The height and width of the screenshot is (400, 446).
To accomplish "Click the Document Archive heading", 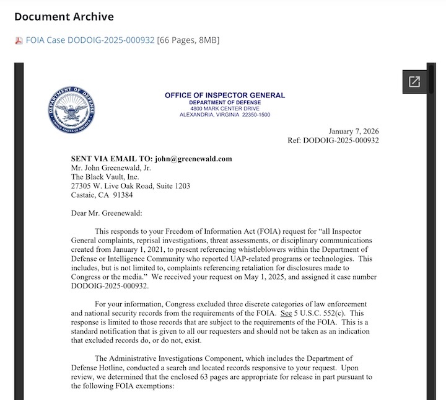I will tap(64, 17).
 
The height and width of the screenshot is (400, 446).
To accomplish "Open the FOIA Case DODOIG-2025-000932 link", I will tap(90, 40).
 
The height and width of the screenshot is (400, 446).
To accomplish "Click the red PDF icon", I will tap(19, 41).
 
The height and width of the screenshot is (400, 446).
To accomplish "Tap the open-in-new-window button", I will tap(413, 82).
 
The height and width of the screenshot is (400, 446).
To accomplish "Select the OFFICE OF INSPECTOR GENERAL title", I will tap(225, 96).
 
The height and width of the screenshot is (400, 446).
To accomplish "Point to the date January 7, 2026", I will tap(353, 131).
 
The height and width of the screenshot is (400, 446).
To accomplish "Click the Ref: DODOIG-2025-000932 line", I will tap(333, 140).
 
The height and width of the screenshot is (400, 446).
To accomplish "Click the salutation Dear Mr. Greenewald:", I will tap(107, 213).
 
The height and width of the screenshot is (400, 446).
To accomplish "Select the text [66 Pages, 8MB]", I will tap(188, 40).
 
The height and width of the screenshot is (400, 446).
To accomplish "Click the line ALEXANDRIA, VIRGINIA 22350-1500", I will tap(225, 115).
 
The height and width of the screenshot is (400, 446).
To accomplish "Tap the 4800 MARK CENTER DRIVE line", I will tap(225, 109).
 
